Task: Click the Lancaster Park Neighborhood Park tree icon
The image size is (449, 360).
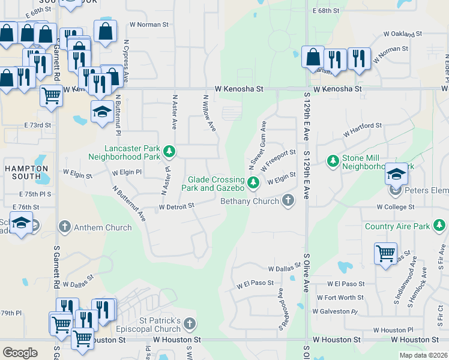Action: (x=170, y=151)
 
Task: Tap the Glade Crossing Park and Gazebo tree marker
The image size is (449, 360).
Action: (x=253, y=181)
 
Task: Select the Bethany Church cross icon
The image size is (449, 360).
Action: (x=288, y=200)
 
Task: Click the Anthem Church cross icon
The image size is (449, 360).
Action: (x=65, y=227)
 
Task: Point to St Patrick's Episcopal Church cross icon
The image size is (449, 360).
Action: (x=189, y=324)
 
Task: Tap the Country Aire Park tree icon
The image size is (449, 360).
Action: (x=440, y=225)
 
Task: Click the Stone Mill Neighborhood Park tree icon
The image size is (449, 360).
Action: (x=333, y=161)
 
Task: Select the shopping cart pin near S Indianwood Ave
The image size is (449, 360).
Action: (x=385, y=253)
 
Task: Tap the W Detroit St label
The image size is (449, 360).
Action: (x=176, y=206)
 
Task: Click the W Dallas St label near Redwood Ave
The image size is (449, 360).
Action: (x=284, y=269)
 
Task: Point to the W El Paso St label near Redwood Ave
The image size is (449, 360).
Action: (x=255, y=283)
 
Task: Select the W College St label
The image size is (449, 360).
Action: (x=395, y=206)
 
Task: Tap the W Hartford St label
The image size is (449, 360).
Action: (x=363, y=126)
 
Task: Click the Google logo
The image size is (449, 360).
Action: (x=20, y=353)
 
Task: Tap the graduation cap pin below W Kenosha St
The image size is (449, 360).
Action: (x=102, y=112)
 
